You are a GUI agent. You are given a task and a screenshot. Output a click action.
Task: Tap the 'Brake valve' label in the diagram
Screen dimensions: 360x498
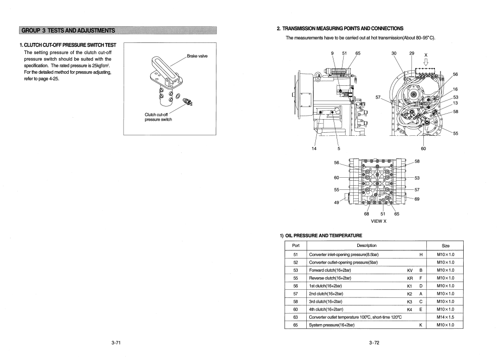tap(197, 56)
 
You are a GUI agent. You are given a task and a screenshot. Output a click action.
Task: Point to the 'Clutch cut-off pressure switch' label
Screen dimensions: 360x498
tap(158, 117)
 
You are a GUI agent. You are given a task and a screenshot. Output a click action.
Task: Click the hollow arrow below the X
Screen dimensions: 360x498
tap(425, 62)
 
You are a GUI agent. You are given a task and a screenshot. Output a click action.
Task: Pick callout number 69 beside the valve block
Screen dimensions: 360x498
tap(417, 199)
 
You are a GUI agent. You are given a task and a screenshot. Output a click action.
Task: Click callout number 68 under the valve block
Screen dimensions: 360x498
tap(367, 214)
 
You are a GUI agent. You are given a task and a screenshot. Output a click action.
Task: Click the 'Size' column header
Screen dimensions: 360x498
tap(446, 245)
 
